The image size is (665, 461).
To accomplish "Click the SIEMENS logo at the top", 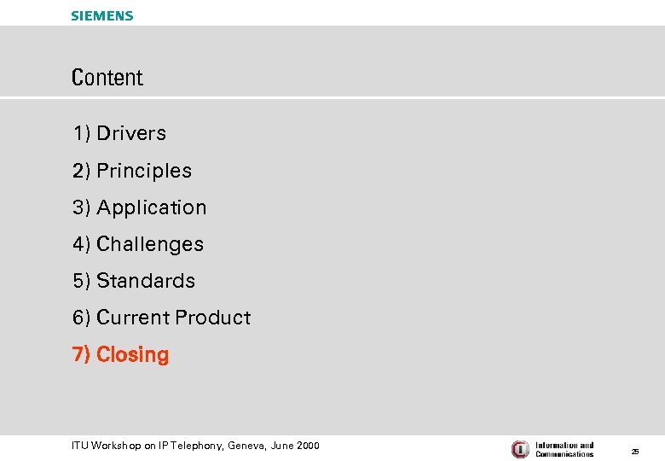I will [102, 15].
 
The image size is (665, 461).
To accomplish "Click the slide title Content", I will [107, 78].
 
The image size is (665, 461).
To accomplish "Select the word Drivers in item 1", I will [131, 133].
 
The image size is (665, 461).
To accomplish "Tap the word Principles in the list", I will [144, 171].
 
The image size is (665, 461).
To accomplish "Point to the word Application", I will [152, 207].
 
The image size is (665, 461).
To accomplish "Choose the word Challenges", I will [150, 244].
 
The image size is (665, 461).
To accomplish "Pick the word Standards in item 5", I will [146, 281].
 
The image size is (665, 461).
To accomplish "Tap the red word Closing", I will [132, 354].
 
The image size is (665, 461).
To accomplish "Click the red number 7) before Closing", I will [82, 354].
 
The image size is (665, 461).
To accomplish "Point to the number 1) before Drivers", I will [82, 133].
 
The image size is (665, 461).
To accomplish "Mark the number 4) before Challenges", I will [82, 244].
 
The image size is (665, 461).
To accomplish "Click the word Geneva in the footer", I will [246, 446].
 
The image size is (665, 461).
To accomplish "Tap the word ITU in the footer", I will [80, 446].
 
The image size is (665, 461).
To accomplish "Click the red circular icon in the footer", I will [520, 449].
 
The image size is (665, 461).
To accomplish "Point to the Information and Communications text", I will [564, 449].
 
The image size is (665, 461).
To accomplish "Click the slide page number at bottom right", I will [635, 450].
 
